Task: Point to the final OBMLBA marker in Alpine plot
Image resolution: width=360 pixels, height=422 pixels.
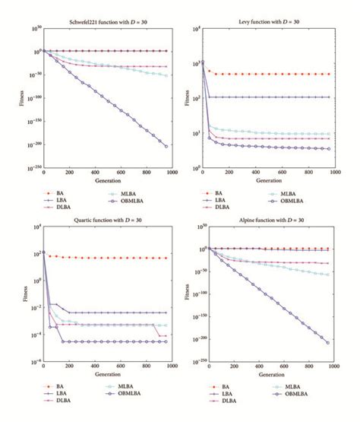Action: click(328, 342)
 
